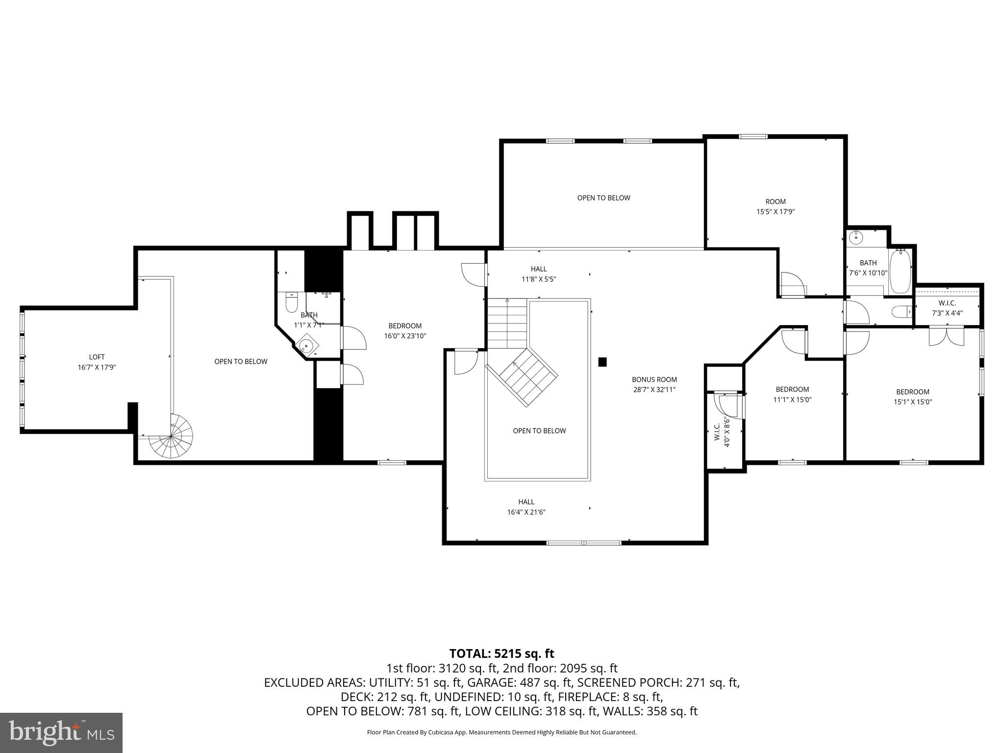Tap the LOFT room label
(97, 357)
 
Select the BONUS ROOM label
(654, 379)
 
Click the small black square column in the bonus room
(602, 362)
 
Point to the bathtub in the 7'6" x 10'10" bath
(900, 271)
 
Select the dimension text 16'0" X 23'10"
(405, 336)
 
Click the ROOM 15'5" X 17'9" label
(775, 206)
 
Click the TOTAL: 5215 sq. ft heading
(502, 653)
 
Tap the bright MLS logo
(61, 732)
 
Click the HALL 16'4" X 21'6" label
(526, 507)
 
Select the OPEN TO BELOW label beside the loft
(241, 361)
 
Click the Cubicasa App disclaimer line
(502, 732)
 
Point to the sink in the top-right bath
(855, 238)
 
